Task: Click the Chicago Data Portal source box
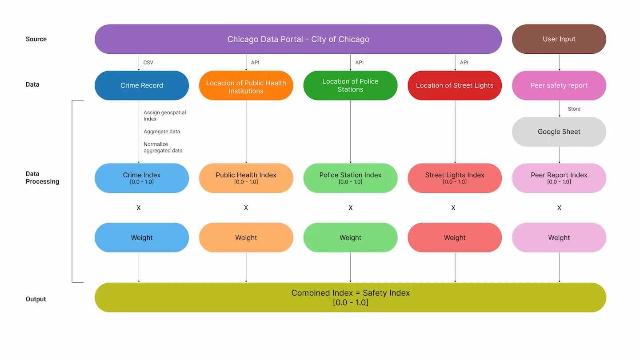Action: pos(298,39)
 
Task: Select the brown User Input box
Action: pos(559,39)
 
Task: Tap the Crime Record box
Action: pos(141,85)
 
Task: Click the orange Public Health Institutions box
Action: pos(246,87)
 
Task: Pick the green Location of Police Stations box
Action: pos(350,85)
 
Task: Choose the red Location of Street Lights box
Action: pos(454,85)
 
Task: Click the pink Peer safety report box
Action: pos(559,85)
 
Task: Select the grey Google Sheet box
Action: pos(559,132)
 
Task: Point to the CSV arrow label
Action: pos(148,63)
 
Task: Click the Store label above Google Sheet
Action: pos(574,109)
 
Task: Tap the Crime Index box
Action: pos(141,178)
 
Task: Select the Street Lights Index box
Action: pos(454,178)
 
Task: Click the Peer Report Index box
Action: pos(559,178)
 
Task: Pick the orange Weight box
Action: pos(246,238)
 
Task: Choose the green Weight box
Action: pos(350,238)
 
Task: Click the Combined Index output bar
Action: pos(350,297)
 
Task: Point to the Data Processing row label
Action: pos(42,177)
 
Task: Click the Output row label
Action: pos(36,299)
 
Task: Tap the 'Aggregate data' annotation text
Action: pos(161,132)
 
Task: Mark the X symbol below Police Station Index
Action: pos(350,208)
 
